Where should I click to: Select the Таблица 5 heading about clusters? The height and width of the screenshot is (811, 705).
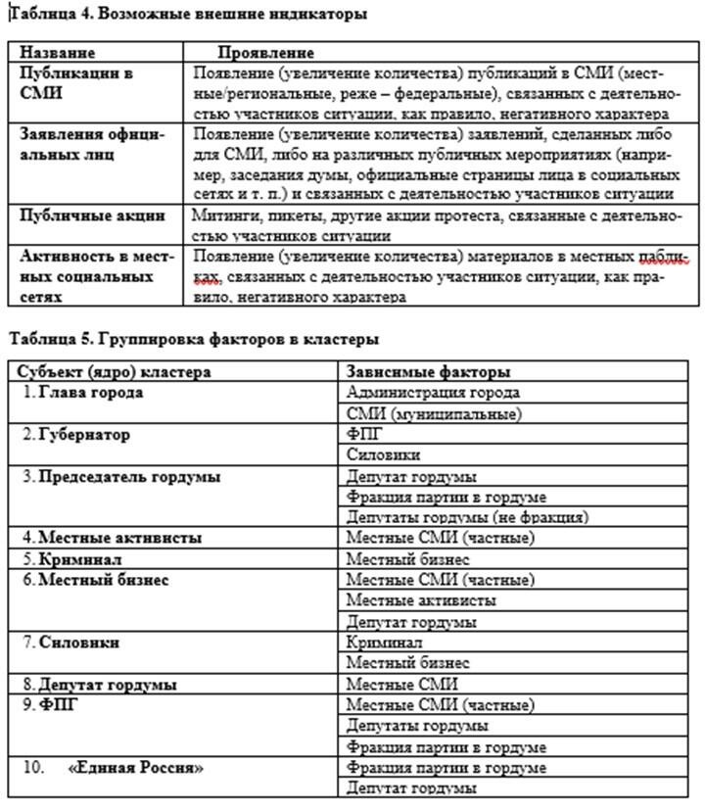193,339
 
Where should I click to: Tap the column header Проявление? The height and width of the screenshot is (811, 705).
265,52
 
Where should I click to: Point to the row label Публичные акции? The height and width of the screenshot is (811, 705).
93,215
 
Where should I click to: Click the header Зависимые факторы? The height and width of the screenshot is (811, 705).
428,372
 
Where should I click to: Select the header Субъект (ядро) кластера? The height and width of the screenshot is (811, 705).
115,372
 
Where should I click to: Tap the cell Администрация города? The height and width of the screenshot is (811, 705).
433,393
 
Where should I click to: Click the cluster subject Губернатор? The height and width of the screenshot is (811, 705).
84,434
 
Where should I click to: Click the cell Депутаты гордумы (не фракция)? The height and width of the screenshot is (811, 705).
466,517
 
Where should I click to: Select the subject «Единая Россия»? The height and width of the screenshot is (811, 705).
136,768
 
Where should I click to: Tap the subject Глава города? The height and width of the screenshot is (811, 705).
91,393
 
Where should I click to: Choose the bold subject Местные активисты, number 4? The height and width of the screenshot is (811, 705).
120,538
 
